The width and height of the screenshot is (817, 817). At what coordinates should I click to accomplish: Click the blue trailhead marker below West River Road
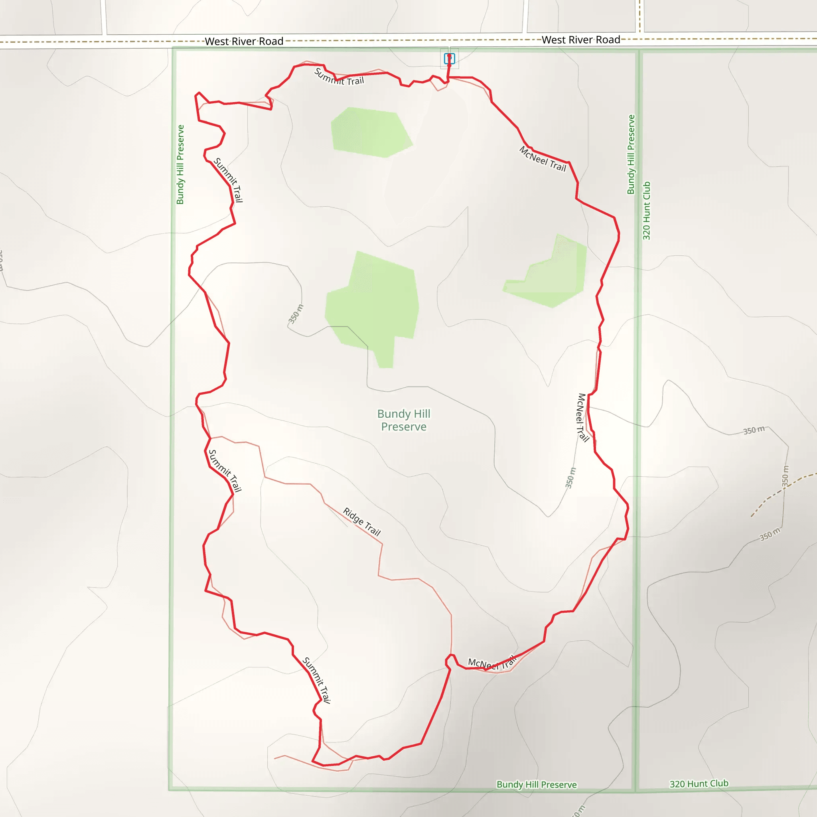[449, 58]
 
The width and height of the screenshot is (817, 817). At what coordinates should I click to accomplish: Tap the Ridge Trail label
[362, 522]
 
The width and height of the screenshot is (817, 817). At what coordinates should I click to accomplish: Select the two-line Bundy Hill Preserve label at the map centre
[404, 420]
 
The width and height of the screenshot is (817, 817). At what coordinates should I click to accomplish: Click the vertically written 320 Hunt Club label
[647, 211]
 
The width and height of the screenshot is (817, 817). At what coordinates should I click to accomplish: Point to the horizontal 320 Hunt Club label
[699, 783]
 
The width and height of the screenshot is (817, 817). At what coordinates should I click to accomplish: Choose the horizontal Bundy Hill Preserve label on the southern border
[536, 784]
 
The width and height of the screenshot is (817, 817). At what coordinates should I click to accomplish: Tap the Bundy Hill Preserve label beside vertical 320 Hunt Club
[631, 154]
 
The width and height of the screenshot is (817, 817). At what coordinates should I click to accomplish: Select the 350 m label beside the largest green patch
[296, 314]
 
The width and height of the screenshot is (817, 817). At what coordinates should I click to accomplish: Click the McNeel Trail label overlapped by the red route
[492, 663]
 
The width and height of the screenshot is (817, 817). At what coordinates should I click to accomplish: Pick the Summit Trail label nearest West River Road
[339, 77]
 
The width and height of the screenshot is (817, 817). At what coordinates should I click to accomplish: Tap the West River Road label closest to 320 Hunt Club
[580, 40]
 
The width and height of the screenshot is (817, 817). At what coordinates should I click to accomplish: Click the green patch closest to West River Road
[370, 132]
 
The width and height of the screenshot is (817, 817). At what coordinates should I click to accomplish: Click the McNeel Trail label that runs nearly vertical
[583, 417]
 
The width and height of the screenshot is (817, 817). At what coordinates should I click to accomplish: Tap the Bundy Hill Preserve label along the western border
[181, 164]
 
